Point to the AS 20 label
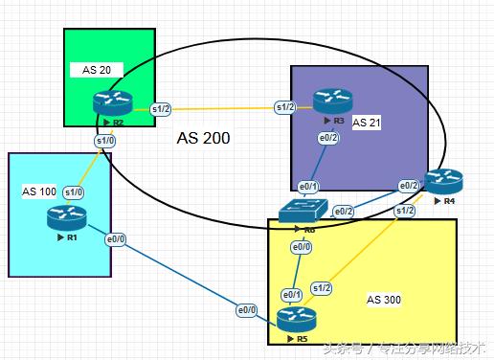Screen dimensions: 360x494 pos(97,71)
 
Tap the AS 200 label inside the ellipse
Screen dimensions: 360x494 pos(203,138)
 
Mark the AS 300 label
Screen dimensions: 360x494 pos(384,300)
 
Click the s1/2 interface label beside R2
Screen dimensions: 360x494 pos(161,109)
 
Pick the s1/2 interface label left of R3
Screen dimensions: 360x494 pos(284,106)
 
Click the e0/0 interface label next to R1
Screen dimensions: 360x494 pos(115,238)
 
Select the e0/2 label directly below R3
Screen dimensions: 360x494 pos(328,139)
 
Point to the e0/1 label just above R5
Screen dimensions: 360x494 pos(292,294)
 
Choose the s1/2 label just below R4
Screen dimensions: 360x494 pos(406,210)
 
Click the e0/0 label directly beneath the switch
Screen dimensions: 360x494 pos(302,247)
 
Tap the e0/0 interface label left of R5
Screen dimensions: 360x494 pos(247,310)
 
